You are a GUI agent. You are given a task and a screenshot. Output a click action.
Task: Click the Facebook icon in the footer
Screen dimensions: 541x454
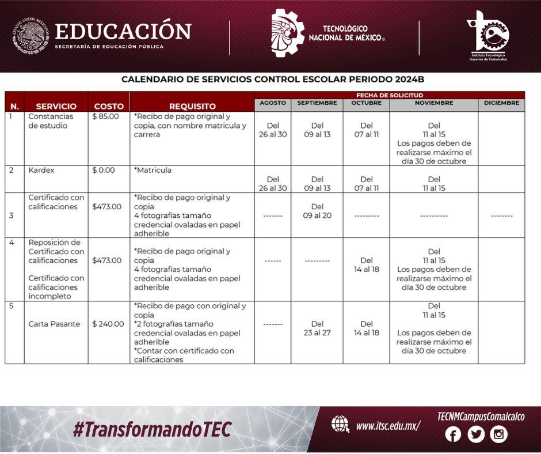coord(453,434)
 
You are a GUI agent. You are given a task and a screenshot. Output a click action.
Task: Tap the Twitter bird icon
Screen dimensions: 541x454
coord(476,434)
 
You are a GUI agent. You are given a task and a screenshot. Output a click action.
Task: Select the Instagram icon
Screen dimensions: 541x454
coord(498,434)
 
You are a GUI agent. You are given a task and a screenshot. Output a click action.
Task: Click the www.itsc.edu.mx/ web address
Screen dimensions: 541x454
coord(388,426)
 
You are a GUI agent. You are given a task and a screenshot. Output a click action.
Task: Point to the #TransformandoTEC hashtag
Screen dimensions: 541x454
coord(152,430)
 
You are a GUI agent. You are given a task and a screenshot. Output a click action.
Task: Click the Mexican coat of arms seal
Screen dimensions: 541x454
coord(31,36)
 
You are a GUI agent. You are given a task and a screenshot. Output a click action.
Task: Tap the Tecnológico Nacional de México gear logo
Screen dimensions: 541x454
coord(288,33)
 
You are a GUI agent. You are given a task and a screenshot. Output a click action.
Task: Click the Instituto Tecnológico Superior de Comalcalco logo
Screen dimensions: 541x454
coord(488,36)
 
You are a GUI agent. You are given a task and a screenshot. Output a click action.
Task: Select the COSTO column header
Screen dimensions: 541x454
coord(109,106)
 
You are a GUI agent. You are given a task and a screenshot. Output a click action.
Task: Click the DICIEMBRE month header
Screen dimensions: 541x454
coord(501,103)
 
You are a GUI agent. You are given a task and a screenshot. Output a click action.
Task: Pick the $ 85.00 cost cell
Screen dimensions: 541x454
coord(105,116)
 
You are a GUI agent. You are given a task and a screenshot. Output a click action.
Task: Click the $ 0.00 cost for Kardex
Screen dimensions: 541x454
coord(104,171)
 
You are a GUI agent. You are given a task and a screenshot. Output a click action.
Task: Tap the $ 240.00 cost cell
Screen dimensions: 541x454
coord(108,324)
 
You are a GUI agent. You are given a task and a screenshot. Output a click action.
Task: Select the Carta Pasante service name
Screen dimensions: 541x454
coord(54,324)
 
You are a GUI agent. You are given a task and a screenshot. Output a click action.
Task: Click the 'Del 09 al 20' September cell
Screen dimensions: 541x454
coord(317,211)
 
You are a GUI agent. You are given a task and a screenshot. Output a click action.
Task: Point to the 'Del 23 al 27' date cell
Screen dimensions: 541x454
coord(317,328)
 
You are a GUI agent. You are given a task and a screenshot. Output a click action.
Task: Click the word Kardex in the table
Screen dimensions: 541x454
coord(41,171)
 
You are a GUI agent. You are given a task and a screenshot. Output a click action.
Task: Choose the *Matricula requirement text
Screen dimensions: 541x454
coord(153,171)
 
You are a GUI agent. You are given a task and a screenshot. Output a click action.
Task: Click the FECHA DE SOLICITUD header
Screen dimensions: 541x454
coord(390,96)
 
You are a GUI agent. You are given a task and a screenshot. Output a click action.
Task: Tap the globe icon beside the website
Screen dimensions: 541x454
coord(340,424)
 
